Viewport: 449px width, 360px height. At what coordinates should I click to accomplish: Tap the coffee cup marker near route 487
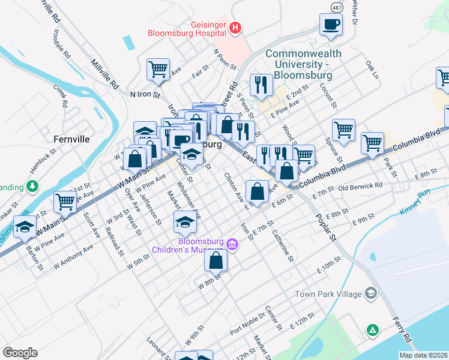point(331,25)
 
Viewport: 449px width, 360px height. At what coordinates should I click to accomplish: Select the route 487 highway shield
point(339,5)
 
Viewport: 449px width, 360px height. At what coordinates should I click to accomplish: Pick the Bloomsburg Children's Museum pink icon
point(232,244)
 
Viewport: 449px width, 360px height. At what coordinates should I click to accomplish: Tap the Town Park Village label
point(328,294)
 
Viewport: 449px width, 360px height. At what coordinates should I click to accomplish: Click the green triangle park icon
point(373,330)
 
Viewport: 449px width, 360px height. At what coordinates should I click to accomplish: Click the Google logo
point(20,353)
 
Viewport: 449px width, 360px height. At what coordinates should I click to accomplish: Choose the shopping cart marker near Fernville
point(64,202)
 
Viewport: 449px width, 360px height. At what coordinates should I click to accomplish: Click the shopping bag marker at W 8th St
point(215,261)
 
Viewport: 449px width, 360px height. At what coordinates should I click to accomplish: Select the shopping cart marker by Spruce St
point(343,130)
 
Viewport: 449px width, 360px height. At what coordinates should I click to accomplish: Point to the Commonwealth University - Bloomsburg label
point(303,65)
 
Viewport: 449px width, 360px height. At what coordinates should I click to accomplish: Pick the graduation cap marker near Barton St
point(25,227)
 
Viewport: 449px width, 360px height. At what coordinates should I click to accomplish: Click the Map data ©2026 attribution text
point(424,355)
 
